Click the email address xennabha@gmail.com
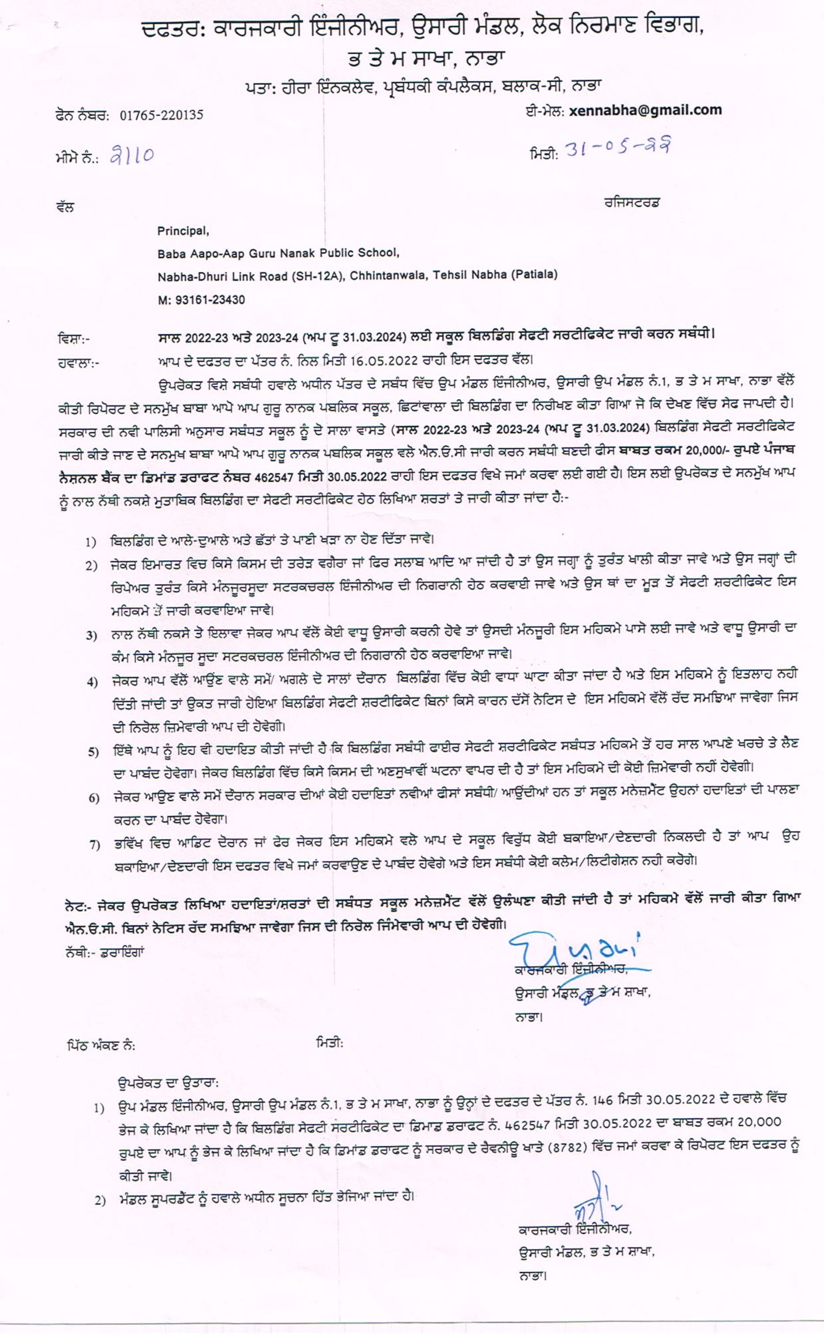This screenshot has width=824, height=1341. point(645,111)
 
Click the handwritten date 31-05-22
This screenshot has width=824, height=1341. point(617,147)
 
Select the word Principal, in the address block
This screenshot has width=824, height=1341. point(183,231)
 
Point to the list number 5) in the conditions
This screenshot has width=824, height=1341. point(94,753)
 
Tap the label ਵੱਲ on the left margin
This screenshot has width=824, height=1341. point(65,208)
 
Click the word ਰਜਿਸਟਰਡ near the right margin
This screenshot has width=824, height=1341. point(632,203)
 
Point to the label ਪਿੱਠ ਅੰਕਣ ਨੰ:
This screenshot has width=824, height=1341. point(102,1046)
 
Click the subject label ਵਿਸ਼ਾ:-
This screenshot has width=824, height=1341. point(74,339)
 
